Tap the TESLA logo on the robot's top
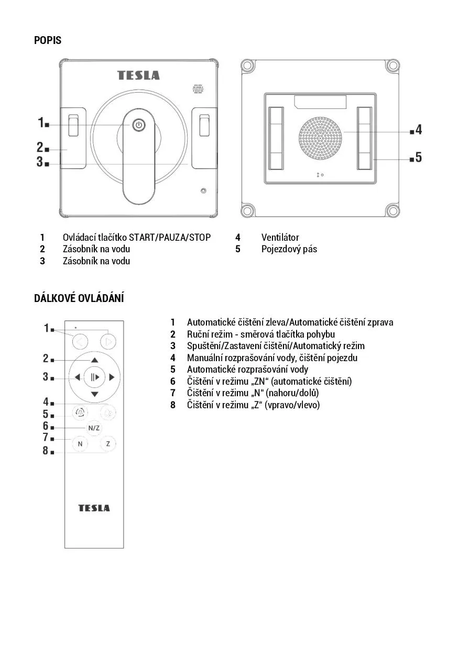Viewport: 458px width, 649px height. pos(138,75)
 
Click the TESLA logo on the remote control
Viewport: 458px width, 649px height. pos(94,508)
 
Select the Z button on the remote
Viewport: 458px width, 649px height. pos(108,444)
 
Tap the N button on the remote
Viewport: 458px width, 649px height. pos(80,444)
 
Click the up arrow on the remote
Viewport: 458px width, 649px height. pos(94,360)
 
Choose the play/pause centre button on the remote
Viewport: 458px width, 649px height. pos(94,377)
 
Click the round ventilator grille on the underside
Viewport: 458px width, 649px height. pos(321,138)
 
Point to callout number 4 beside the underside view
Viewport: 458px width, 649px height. pos(418,130)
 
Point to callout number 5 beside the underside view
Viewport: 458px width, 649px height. pos(418,157)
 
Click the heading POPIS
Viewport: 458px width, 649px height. pos(48,40)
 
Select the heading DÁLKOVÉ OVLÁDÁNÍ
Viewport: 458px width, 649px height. pos(79,298)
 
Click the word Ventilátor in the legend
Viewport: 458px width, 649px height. pos(280,238)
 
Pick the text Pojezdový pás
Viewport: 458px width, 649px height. pos(289,249)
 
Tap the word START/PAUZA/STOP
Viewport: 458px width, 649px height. pos(170,238)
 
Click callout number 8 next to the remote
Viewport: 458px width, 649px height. pos(46,451)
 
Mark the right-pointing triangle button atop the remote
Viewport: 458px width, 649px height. pos(108,342)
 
